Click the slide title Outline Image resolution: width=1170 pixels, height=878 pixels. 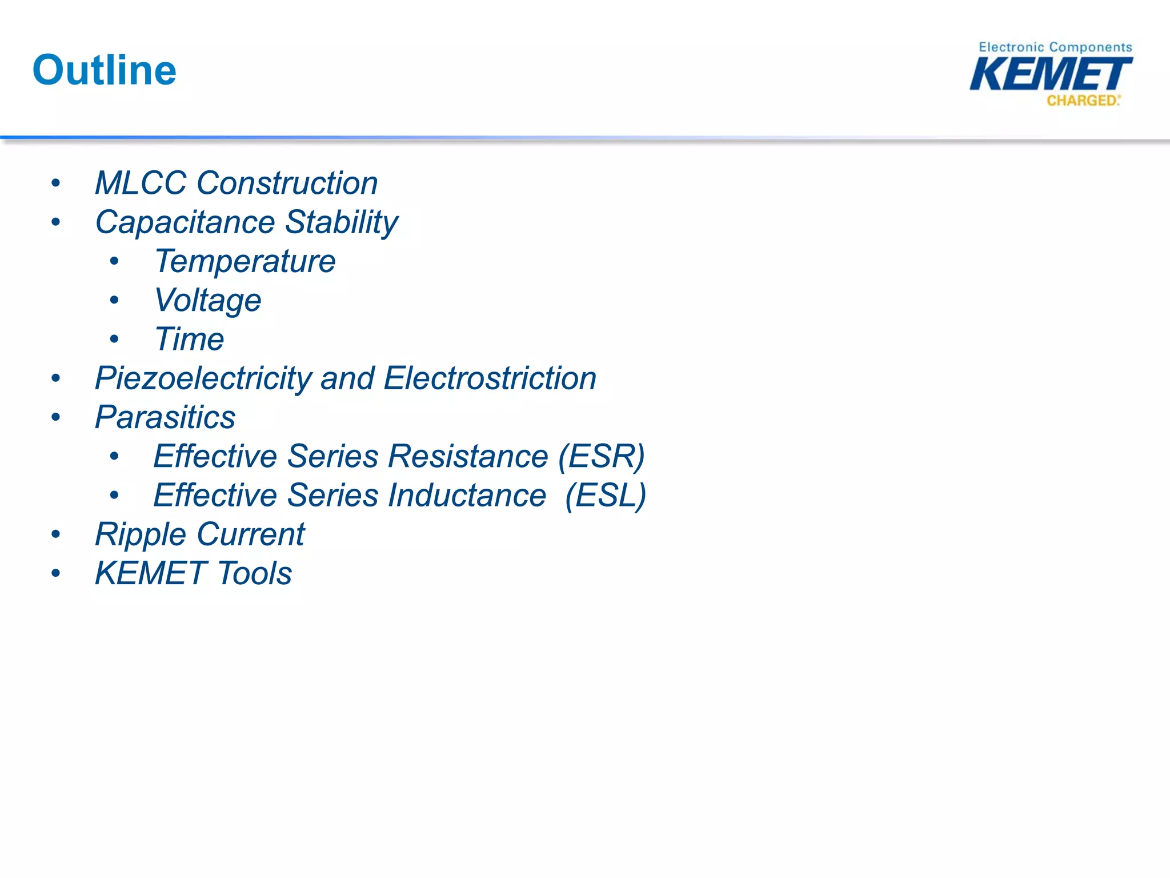click(105, 70)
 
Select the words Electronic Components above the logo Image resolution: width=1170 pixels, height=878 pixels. click(1055, 47)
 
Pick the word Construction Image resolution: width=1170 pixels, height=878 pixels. click(287, 183)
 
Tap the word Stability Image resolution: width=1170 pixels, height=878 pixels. click(341, 222)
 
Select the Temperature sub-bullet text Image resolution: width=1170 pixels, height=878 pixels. click(245, 262)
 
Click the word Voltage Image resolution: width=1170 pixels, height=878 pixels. click(208, 301)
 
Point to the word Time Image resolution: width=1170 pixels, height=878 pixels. click(189, 340)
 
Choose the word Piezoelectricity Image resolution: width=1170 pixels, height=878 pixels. click(203, 378)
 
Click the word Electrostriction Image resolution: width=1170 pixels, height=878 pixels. click(490, 378)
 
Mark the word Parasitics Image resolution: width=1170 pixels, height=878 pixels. click(165, 417)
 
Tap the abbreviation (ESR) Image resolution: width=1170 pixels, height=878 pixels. click(601, 456)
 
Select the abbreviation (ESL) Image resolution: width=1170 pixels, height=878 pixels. click(606, 495)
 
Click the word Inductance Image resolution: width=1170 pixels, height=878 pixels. click(467, 495)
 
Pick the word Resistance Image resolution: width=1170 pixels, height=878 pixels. click(468, 456)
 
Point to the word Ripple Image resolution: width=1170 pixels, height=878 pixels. click(141, 535)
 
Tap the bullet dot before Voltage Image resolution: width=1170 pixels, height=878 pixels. click(114, 300)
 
